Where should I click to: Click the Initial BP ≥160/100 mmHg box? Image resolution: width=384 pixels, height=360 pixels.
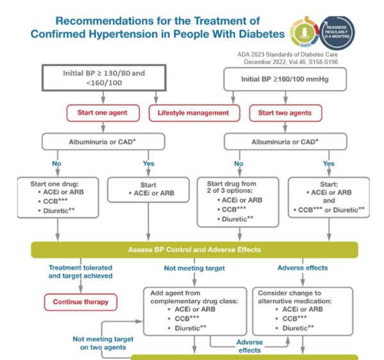tap(286, 79)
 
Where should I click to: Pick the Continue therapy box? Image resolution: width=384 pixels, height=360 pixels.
tap(81, 301)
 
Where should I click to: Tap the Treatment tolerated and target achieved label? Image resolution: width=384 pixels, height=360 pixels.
tap(80, 272)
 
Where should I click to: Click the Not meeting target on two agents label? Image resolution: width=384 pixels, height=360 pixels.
tap(104, 343)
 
